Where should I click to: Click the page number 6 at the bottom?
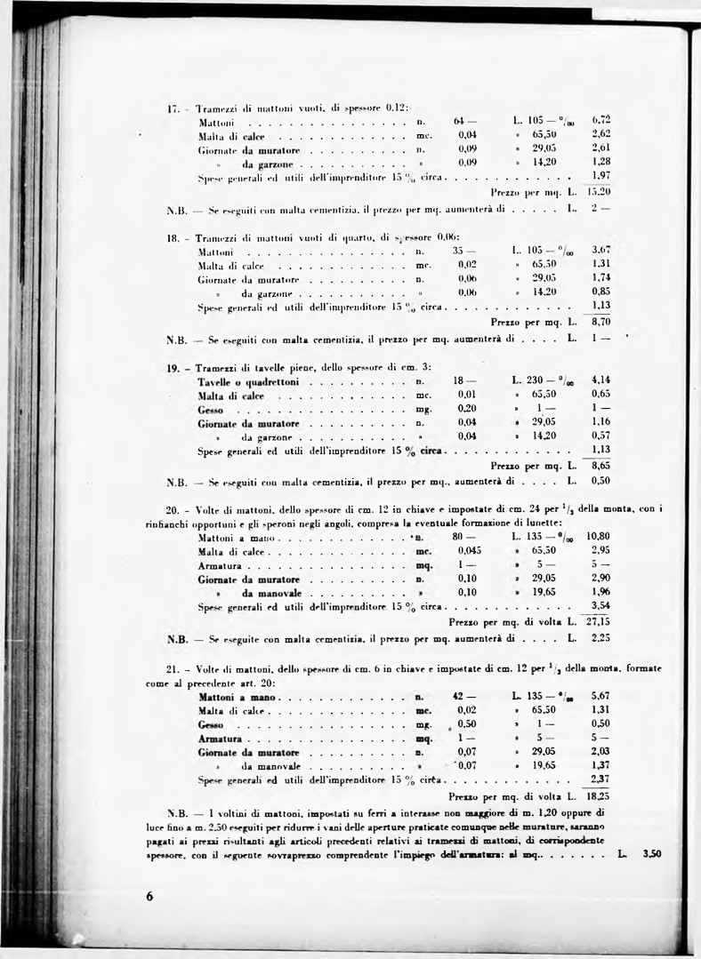(149, 896)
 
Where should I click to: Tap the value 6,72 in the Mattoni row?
(600, 120)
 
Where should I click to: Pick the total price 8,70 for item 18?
(600, 322)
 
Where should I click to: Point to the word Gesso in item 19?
(212, 410)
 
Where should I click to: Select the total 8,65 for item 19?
(600, 465)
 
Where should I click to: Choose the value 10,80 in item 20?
(598, 537)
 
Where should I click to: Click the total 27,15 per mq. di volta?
(597, 622)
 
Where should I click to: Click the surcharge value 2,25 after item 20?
(600, 638)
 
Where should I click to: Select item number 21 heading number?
(173, 667)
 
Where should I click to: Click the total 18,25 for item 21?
(597, 796)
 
